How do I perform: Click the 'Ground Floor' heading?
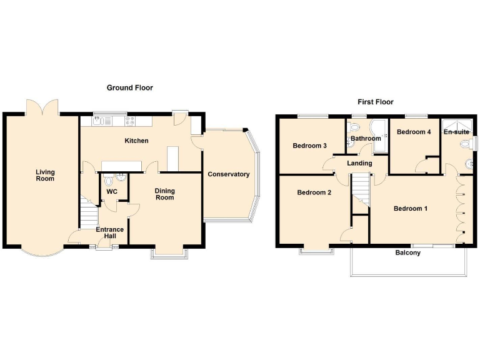click(129, 88)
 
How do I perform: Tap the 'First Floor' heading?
click(375, 102)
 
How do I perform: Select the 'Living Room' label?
click(45, 176)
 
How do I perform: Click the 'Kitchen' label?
click(136, 141)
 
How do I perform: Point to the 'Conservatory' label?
click(229, 174)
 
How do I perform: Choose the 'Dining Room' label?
click(164, 194)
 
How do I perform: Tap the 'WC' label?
click(112, 191)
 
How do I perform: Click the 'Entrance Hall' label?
click(109, 233)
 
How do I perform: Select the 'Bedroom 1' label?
click(410, 208)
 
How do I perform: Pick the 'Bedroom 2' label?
click(314, 192)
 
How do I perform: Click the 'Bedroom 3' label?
click(310, 146)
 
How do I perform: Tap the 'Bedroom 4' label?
click(413, 132)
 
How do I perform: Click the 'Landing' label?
click(359, 163)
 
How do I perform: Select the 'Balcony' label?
click(407, 253)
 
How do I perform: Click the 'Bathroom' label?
click(366, 138)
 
